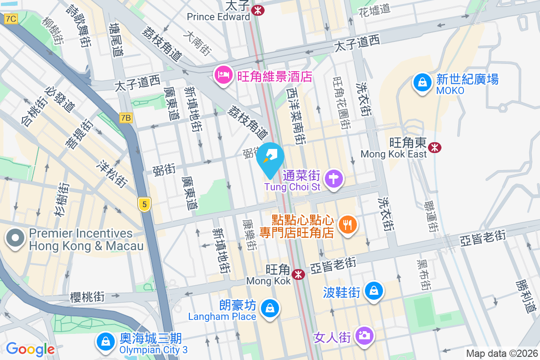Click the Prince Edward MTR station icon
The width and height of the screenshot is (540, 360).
tap(258, 9)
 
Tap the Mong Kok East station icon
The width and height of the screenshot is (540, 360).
tap(435, 147)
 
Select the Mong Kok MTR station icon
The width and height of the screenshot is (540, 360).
tap(298, 274)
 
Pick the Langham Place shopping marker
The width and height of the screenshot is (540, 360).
tap(270, 308)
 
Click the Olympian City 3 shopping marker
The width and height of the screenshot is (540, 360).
tap(105, 342)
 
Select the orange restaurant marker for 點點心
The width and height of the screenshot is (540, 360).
tap(347, 224)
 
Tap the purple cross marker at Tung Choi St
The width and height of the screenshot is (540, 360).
tap(334, 179)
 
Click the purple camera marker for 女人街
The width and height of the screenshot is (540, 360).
tap(364, 335)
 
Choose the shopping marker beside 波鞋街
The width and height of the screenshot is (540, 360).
tap(373, 291)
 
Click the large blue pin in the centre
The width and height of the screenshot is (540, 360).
tap(270, 158)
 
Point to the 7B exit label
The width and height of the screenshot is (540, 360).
tap(126, 118)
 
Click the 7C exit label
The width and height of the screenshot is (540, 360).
tap(11, 19)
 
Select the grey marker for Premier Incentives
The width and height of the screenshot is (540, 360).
tap(15, 238)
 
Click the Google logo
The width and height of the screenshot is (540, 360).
tap(30, 349)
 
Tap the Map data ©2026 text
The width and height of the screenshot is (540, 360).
tap(501, 354)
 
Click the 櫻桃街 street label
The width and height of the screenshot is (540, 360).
tap(87, 297)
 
